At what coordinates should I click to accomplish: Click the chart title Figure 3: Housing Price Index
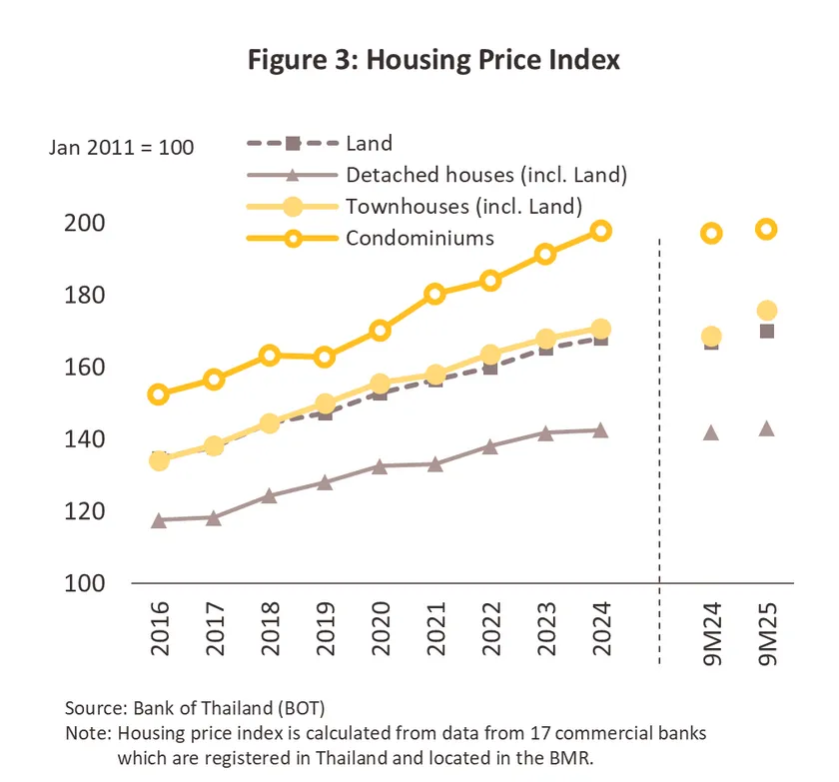pos(433,60)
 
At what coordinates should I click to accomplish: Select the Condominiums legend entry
pos(419,238)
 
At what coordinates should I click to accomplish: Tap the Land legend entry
pos(369,143)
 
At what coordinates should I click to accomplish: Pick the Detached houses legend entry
pos(485,175)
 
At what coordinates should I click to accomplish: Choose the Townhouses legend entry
pos(463,207)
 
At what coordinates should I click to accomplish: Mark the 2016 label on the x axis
pos(159,630)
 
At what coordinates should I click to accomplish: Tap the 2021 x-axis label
pos(435,630)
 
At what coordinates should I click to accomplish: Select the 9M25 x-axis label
pos(767,630)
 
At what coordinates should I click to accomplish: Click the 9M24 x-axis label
pos(711,630)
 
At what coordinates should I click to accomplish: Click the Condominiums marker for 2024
pos(600,231)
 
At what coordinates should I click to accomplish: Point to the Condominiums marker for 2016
pos(158,394)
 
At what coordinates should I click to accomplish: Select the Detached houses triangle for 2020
pos(380,466)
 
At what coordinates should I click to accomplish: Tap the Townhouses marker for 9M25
pos(767,311)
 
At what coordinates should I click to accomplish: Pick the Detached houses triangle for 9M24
pos(711,433)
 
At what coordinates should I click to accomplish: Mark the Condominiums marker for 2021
pos(434,294)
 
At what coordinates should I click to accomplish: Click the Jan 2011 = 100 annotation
pos(122,148)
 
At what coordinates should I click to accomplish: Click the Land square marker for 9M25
pos(767,331)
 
